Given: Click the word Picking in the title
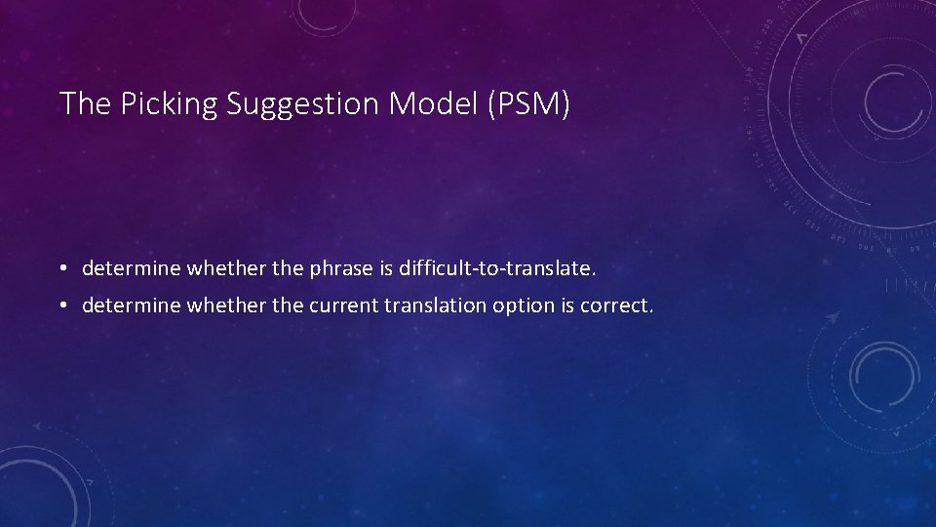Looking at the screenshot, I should (x=170, y=104).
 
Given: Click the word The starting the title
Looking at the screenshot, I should (x=86, y=103).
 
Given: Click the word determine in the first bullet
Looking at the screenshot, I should (x=125, y=266).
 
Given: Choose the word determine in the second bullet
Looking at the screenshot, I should (x=125, y=306).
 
